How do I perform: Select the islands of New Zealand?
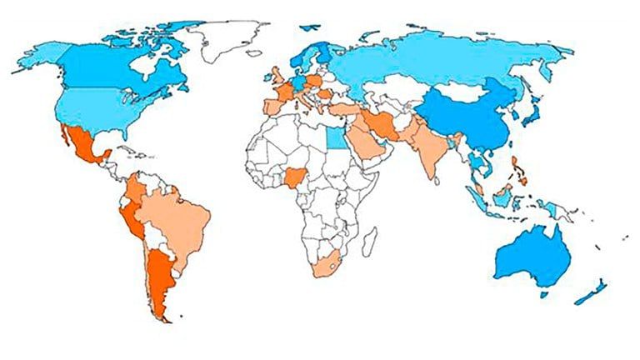tap(592, 288)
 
